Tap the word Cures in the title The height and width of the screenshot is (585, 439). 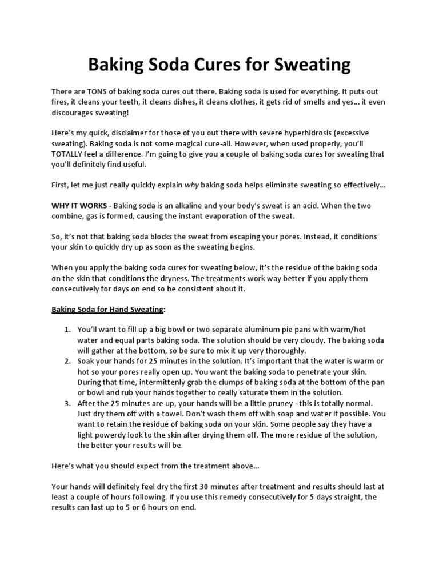[x=210, y=65]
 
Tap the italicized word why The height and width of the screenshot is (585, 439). [x=191, y=185]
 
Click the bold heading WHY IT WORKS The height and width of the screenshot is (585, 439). [x=79, y=206]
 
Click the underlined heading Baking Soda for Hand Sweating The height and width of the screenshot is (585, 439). [x=107, y=309]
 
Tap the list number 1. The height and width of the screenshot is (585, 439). [x=67, y=330]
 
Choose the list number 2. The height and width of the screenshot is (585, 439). [x=67, y=362]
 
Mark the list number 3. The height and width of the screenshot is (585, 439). [x=67, y=403]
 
